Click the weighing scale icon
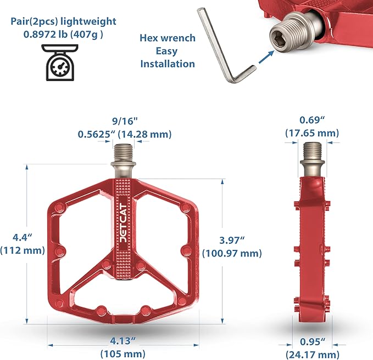point(60,62)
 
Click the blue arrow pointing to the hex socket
point(266,57)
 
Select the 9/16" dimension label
point(125,121)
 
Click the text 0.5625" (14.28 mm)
point(125,134)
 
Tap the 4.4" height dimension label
point(22,237)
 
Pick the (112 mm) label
point(23,250)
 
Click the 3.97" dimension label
point(232,240)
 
